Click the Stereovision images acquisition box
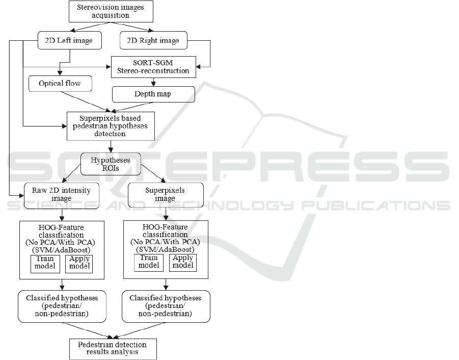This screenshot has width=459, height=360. pos(110,12)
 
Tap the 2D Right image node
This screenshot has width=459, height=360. pos(152,40)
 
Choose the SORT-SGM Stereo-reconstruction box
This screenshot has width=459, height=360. pos(153,67)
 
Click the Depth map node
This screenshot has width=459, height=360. pos(153,94)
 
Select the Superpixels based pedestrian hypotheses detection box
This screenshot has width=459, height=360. pos(111,126)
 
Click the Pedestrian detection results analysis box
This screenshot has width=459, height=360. pos(113,348)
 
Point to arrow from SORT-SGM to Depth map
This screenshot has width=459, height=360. pos(153,82)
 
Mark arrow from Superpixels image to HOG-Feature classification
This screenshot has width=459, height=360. pos(166,214)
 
